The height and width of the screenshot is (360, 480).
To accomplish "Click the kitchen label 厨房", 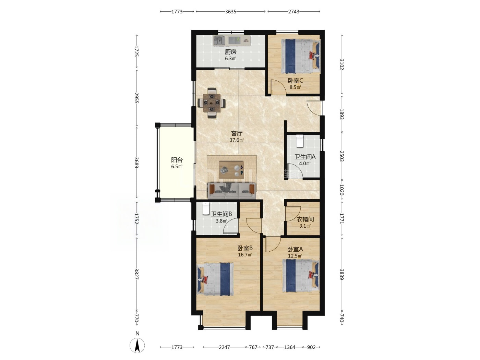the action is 230,52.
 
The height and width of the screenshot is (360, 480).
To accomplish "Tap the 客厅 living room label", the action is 237,133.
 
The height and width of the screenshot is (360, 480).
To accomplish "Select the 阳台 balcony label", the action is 177,160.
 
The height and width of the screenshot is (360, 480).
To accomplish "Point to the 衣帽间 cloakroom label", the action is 305,219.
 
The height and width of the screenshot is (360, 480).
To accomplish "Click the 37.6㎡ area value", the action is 237,140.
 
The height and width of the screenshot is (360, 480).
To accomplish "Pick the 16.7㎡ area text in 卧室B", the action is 245,255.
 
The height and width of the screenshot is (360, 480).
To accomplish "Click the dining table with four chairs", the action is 212,103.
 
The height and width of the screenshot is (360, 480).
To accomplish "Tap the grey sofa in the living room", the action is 232,191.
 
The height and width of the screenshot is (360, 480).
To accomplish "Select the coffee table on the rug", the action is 231,170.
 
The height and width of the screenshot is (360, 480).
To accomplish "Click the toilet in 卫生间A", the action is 300,141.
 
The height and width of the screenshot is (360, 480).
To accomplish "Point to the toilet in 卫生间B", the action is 206,208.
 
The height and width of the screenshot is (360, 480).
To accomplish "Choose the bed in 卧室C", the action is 301,56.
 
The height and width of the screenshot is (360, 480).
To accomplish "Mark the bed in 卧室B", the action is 215,279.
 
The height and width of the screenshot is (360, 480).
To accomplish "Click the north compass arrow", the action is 137,345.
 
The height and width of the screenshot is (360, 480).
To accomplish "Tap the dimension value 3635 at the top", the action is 231,12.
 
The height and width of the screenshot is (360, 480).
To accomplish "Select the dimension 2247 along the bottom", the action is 224,347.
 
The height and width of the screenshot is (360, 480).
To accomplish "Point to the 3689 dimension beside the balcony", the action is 136,163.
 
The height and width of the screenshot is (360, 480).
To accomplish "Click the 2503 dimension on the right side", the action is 341,156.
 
